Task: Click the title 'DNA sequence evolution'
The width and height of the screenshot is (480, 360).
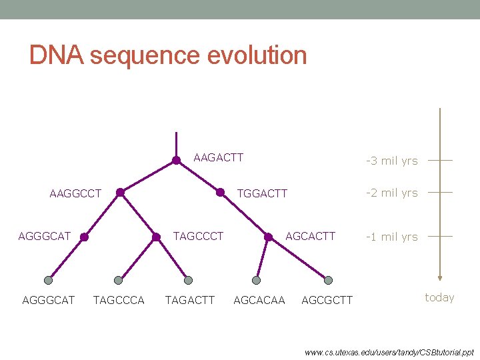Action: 168,55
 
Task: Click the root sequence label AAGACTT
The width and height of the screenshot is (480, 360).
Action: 218,158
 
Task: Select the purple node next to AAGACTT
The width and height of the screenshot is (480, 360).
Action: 176,160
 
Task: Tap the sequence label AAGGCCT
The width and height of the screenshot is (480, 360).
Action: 75,193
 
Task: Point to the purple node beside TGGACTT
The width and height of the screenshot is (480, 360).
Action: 220,193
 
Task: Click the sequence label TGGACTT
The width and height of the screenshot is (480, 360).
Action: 263,193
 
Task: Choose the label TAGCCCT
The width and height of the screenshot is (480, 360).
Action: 198,236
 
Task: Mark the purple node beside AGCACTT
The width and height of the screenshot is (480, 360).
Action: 268,237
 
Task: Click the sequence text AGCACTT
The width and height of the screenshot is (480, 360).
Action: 310,236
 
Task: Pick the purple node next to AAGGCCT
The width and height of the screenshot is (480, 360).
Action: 120,193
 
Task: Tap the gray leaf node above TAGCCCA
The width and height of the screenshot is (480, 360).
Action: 118,280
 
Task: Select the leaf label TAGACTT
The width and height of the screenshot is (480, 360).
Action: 189,300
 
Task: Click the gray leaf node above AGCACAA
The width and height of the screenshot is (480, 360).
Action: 257,280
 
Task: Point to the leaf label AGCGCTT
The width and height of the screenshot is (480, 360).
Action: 327,300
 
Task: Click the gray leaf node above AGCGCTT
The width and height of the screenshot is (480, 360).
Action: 327,280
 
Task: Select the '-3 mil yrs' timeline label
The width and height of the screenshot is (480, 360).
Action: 391,161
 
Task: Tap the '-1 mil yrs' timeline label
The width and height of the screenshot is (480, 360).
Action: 391,237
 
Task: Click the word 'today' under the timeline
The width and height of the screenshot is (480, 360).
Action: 439,297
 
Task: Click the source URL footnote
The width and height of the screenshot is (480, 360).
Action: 389,351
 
